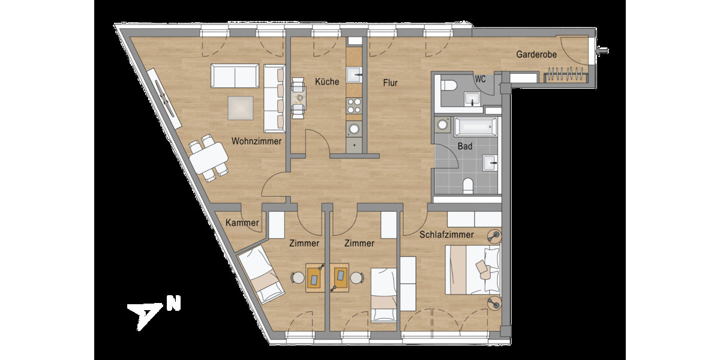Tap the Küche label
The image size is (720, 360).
[327, 82]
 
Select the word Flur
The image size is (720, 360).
[391, 83]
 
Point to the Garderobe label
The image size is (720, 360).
[536, 55]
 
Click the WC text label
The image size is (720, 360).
[480, 79]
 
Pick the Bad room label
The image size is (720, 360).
[464, 146]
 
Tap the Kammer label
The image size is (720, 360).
[242, 223]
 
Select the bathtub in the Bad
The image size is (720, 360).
[475, 127]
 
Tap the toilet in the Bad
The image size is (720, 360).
[469, 185]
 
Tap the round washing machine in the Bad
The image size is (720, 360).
[443, 125]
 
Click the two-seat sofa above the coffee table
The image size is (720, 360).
[235, 76]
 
